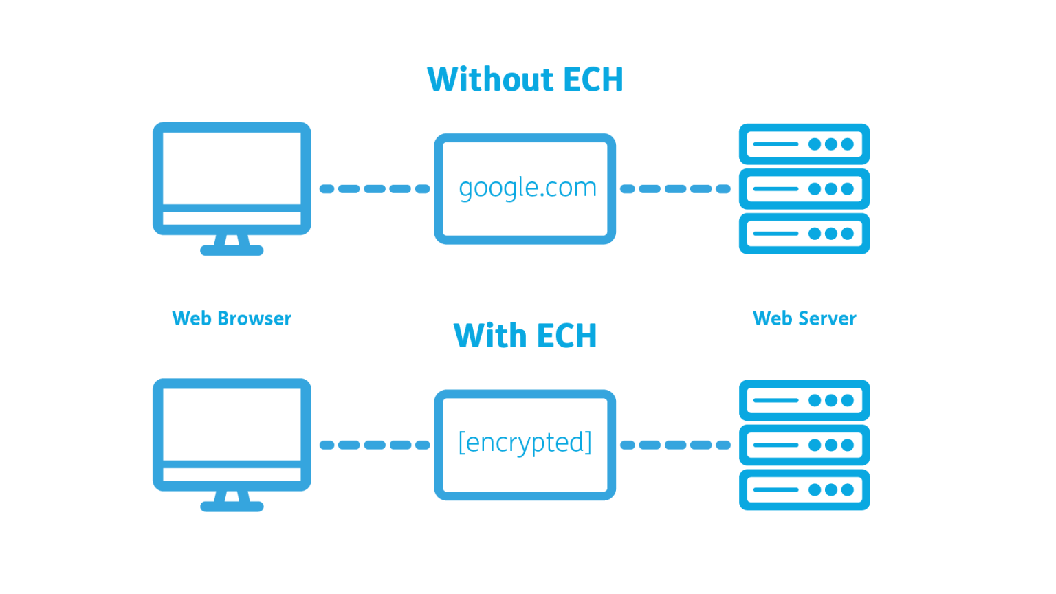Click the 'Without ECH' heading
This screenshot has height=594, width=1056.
click(x=525, y=79)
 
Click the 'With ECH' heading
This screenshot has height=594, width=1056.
click(x=525, y=335)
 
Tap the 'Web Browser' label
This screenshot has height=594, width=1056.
click(x=232, y=318)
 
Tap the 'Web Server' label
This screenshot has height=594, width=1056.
click(x=804, y=318)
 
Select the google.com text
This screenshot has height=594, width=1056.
click(x=527, y=188)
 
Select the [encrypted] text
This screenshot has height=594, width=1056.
click(x=525, y=443)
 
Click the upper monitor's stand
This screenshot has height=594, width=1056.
click(x=232, y=245)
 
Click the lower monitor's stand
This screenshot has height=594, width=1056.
click(x=232, y=502)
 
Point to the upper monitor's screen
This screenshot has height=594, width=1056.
click(x=232, y=168)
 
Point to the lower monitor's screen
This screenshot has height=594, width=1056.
click(x=232, y=425)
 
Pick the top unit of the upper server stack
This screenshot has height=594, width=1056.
click(x=804, y=144)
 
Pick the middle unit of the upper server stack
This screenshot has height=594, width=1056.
click(x=804, y=188)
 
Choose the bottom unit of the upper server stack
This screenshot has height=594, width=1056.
click(x=804, y=233)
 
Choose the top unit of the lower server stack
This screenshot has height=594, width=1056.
click(x=804, y=400)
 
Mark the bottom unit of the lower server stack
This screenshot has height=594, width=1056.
click(x=804, y=489)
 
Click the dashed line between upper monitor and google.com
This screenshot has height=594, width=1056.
click(x=375, y=188)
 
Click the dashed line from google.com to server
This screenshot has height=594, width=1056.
click(x=675, y=188)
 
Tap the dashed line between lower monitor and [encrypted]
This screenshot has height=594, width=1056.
click(x=375, y=445)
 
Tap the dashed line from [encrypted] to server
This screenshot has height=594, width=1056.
click(x=675, y=445)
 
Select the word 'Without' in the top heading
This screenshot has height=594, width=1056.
click(x=490, y=79)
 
